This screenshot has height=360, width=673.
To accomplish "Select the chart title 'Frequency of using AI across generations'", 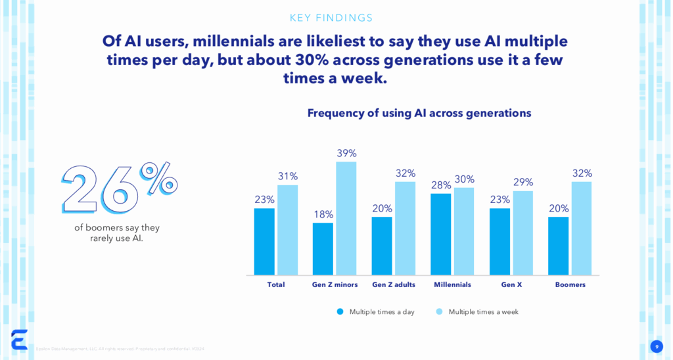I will click(419, 113).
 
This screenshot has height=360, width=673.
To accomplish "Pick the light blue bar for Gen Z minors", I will click(346, 218).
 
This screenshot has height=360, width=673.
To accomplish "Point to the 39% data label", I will click(346, 153).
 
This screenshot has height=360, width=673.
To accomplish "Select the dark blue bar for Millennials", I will click(441, 234).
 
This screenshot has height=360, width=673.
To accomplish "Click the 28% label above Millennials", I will click(441, 185).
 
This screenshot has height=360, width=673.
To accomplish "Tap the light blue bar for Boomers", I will click(582, 228).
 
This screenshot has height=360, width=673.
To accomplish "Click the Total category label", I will click(275, 285).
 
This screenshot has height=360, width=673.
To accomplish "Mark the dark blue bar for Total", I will click(264, 241).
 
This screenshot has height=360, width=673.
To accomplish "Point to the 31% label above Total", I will click(287, 176).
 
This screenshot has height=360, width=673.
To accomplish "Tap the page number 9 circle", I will click(656, 346).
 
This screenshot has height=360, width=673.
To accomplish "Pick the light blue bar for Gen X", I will click(523, 233).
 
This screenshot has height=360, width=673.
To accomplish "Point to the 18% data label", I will click(323, 214).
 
